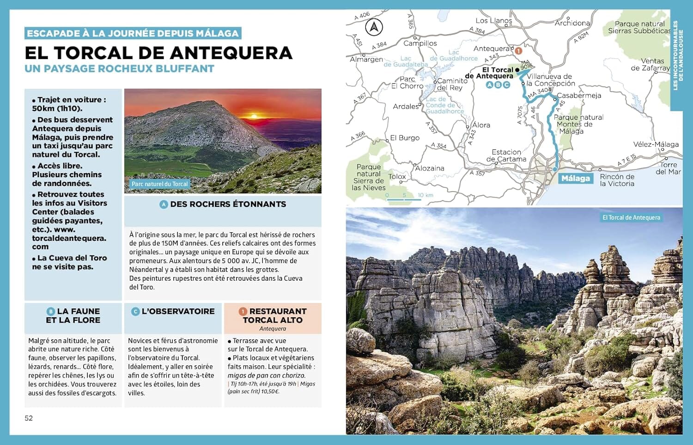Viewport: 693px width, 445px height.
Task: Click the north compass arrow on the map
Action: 374,27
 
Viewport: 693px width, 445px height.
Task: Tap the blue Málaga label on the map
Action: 575,179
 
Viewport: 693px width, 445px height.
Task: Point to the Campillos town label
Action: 420,43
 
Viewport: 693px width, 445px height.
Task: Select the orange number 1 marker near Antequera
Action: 518,51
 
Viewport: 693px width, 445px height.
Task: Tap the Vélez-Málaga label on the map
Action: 656,144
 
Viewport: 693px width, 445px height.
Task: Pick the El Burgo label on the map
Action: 404,138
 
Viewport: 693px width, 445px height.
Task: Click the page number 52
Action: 29,418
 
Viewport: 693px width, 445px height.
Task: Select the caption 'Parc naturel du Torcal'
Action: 159,184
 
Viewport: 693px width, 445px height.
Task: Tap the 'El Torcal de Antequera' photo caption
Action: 631,217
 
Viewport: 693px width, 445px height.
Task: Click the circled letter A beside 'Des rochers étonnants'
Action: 164,204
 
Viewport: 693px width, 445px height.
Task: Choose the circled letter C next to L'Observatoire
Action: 135,312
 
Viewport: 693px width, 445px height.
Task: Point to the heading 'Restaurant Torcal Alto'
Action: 273,316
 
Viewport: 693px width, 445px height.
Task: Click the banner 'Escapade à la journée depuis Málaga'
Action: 133,33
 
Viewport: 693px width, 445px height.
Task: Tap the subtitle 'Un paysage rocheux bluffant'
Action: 119,69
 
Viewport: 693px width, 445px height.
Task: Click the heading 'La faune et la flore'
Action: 73,316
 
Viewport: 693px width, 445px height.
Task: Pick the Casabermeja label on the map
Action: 578,96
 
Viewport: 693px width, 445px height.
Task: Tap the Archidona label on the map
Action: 572,23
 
